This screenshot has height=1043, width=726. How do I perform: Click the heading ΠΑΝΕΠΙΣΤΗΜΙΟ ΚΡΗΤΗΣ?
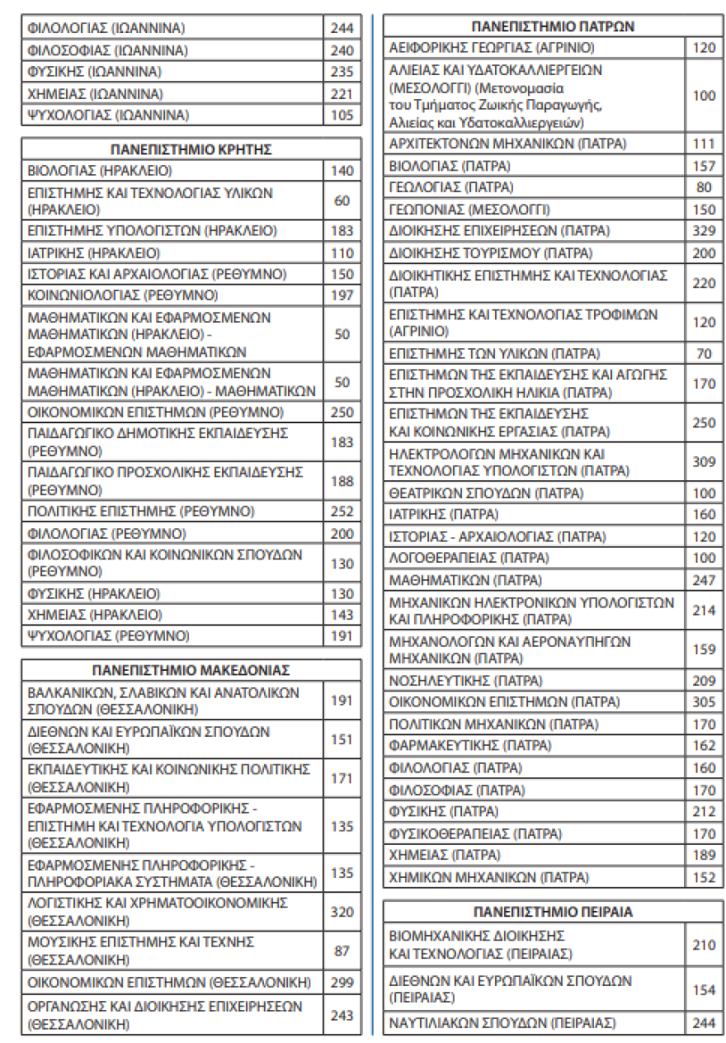[191, 149]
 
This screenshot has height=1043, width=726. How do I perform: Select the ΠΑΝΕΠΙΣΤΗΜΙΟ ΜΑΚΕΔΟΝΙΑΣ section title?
[191, 669]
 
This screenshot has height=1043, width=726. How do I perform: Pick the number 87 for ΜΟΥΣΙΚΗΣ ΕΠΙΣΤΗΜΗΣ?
[342, 951]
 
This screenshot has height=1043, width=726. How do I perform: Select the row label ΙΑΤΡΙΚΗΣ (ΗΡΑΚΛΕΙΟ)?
[94, 252]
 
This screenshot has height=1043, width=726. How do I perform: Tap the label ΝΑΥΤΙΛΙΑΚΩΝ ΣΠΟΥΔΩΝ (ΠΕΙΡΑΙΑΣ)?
[502, 1023]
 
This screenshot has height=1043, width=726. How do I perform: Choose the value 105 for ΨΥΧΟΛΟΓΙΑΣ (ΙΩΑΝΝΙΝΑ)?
[342, 115]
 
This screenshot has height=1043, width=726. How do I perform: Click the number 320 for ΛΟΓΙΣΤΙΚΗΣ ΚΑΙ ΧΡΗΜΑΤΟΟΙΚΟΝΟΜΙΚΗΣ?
[342, 912]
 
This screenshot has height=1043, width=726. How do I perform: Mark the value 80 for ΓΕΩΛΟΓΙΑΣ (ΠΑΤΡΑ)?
[704, 187]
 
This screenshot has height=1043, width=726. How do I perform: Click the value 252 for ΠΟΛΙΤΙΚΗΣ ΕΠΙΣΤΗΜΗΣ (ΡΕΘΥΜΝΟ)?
[342, 511]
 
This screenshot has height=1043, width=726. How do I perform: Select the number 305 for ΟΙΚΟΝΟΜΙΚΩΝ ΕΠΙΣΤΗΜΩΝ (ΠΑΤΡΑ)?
[704, 702]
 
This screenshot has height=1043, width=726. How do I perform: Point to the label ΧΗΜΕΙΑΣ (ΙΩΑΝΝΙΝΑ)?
[96, 93]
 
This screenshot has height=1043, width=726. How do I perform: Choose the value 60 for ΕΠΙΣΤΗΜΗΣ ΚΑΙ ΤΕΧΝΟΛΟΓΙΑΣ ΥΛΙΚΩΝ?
[342, 201]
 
